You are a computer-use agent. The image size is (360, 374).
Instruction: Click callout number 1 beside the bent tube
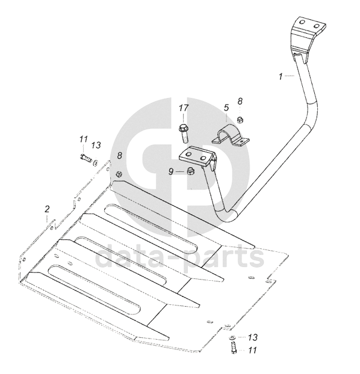tap(281, 77)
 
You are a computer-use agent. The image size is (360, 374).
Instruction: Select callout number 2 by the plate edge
tap(47, 209)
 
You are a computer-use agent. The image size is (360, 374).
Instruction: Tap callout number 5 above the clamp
tap(226, 108)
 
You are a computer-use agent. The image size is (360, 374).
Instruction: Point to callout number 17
tap(184, 108)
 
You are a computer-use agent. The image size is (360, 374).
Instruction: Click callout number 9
tap(171, 171)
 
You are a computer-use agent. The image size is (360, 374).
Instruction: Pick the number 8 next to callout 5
tap(240, 102)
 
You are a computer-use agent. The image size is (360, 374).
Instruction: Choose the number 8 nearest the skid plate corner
tap(119, 156)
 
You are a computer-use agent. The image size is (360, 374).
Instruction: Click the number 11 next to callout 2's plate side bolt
tap(84, 139)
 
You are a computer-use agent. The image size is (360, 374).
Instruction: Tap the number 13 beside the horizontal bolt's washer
tap(96, 145)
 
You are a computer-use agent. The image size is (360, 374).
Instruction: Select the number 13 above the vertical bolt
tap(252, 337)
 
